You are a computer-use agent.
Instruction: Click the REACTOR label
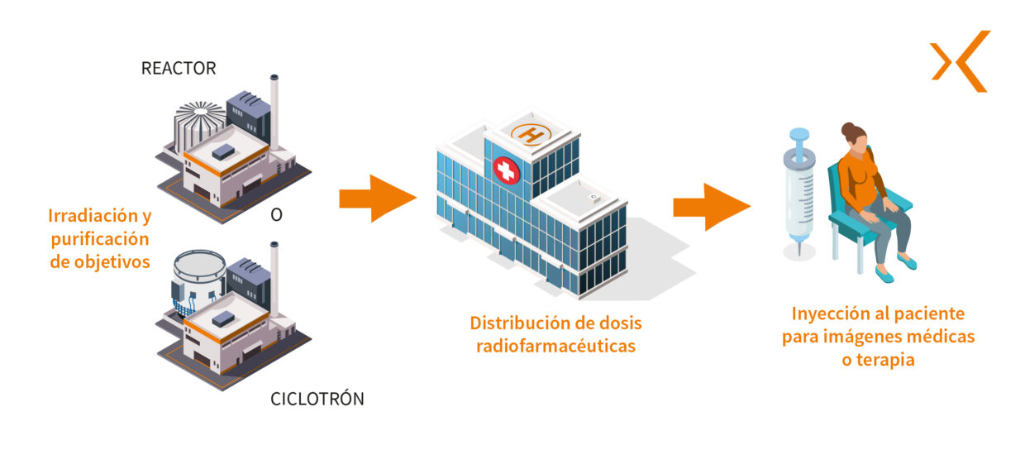(x=179, y=69)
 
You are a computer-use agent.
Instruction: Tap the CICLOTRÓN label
(x=317, y=399)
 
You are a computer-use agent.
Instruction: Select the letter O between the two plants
(x=277, y=216)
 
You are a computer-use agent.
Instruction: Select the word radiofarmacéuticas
(x=555, y=346)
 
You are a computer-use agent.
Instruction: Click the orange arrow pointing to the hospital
(x=377, y=199)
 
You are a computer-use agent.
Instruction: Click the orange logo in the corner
(x=961, y=60)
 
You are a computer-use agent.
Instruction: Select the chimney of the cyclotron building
(x=274, y=278)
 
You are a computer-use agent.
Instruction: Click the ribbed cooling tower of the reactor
(x=196, y=124)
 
